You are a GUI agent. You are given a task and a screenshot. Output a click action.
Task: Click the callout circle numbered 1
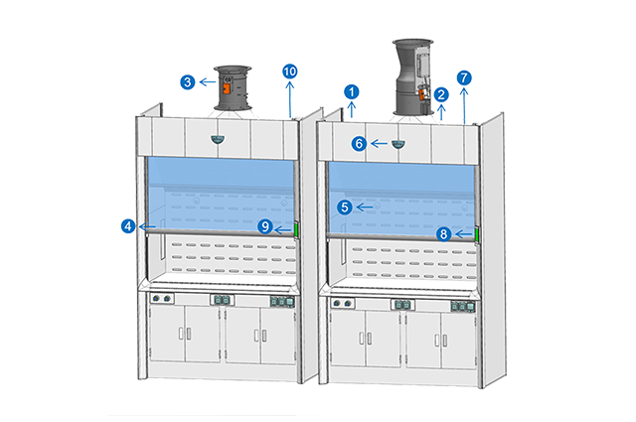352,91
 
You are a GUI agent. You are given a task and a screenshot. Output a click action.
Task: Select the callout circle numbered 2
441,94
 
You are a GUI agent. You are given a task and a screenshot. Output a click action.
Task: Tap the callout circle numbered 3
188,81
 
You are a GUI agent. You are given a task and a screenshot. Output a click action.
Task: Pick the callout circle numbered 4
129,226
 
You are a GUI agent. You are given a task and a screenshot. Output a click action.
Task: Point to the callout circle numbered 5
344,208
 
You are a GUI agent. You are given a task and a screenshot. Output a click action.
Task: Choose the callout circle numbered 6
359,143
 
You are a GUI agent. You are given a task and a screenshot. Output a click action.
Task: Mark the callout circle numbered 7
464,77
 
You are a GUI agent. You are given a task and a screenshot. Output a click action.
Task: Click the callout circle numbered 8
444,234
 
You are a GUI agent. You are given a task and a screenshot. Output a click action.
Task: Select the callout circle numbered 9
265,226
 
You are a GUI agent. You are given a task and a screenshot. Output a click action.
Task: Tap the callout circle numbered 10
289,71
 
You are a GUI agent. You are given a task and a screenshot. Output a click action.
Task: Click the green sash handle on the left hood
297,229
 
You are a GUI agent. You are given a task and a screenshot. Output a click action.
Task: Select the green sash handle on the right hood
476,234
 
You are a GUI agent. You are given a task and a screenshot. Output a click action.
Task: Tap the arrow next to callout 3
207,81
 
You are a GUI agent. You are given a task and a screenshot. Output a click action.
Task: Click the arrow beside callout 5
364,208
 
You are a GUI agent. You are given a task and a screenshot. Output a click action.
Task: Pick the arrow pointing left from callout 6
379,143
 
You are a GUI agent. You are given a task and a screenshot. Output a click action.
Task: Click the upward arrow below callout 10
289,95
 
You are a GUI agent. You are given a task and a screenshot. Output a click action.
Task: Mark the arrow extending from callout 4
148,226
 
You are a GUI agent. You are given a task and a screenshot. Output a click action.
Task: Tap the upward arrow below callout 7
464,102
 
